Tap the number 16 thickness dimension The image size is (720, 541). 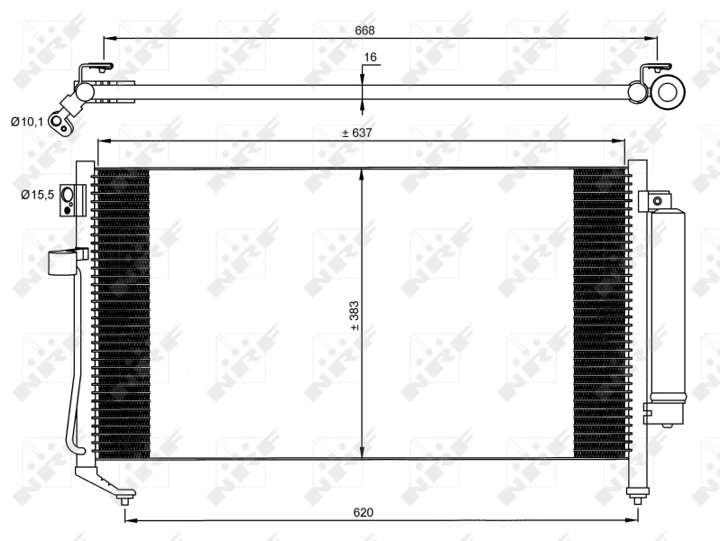(x=370, y=58)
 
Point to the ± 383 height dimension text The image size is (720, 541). (x=355, y=316)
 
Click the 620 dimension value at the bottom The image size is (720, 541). (x=363, y=512)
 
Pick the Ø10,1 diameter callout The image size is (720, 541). (x=26, y=121)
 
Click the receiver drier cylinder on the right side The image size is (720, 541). (x=669, y=307)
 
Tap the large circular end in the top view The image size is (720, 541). (x=669, y=91)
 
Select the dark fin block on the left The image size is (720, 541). (x=121, y=311)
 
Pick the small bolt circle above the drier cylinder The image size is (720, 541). (x=658, y=200)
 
